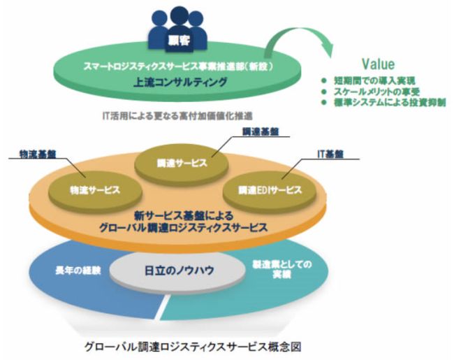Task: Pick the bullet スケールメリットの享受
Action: (378, 92)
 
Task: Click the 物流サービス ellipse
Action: (96, 189)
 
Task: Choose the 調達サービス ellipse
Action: (181, 163)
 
